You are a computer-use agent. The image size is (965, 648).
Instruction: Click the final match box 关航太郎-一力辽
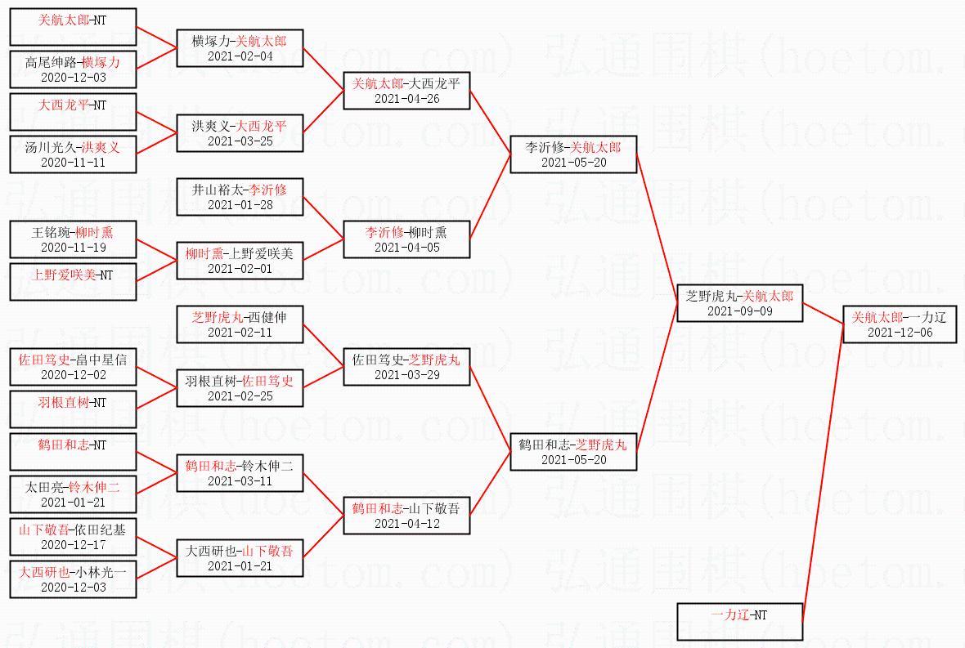pyautogui.click(x=899, y=324)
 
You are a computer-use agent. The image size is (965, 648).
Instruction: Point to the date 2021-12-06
pyautogui.click(x=899, y=333)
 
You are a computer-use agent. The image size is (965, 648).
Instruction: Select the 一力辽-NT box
pyautogui.click(x=739, y=622)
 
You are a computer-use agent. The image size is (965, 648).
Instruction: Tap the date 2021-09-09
pyautogui.click(x=738, y=311)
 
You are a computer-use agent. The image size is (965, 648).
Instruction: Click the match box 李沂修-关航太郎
pyautogui.click(x=573, y=154)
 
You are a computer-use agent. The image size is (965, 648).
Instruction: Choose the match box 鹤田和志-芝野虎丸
pyautogui.click(x=573, y=452)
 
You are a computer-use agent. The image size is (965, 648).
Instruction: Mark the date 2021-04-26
pyautogui.click(x=406, y=99)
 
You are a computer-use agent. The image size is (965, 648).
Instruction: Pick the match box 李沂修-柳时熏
pyautogui.click(x=406, y=239)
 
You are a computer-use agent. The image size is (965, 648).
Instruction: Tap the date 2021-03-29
pyautogui.click(x=406, y=375)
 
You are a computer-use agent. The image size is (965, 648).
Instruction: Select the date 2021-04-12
pyautogui.click(x=406, y=524)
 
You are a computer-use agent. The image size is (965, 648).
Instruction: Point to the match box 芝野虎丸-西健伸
pyautogui.click(x=240, y=324)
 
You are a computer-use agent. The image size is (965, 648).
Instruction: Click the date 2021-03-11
pyautogui.click(x=240, y=481)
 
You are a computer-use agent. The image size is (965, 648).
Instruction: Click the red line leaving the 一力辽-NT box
pyautogui.click(x=822, y=474)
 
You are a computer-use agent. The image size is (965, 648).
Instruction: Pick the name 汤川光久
pyautogui.click(x=51, y=147)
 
